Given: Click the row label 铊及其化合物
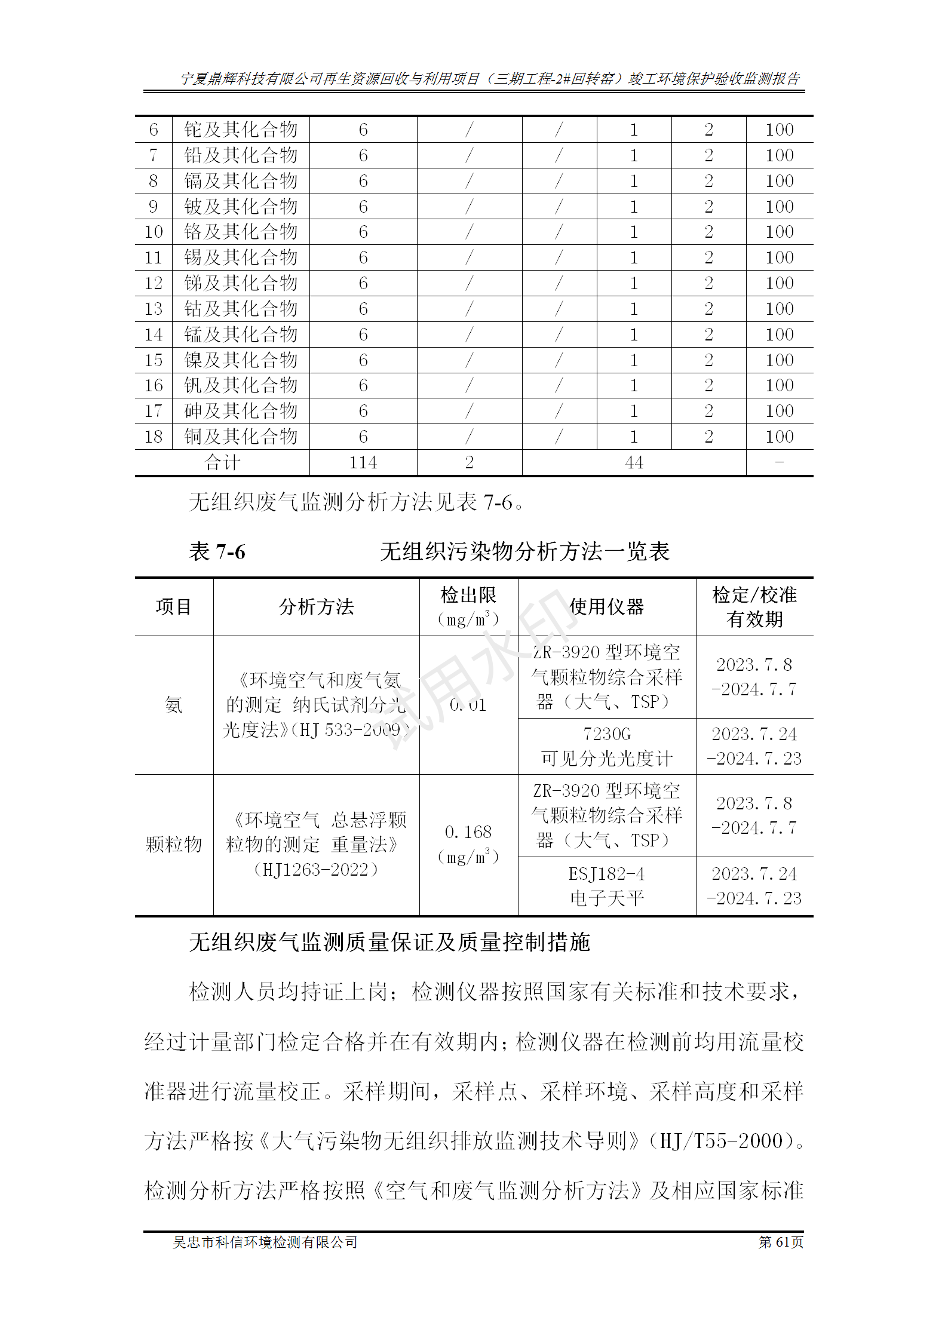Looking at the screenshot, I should tap(241, 130).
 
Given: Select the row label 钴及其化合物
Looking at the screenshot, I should tap(241, 309).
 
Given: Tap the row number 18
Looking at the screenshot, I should tap(154, 437).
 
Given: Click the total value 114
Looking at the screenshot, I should tap(363, 462).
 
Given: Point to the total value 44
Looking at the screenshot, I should tap(634, 462).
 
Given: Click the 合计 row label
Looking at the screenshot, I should tap(222, 462).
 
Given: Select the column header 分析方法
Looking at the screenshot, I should tap(316, 607).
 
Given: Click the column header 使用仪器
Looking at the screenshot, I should tap(606, 607).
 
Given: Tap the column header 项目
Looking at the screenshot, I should tap(174, 607).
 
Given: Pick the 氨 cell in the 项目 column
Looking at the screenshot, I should tap(174, 705).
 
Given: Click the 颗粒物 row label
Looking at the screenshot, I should tap(174, 844).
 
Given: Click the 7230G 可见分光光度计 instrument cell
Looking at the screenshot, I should tap(606, 746).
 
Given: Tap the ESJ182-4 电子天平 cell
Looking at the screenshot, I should tap(606, 886).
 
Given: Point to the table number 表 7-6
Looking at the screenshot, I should tap(217, 551).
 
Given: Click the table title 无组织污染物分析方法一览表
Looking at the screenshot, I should tap(524, 551).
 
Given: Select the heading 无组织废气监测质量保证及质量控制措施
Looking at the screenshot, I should tap(389, 942).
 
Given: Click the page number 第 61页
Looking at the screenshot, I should tap(781, 1242).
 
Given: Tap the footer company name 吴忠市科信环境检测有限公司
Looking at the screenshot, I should tap(265, 1242).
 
